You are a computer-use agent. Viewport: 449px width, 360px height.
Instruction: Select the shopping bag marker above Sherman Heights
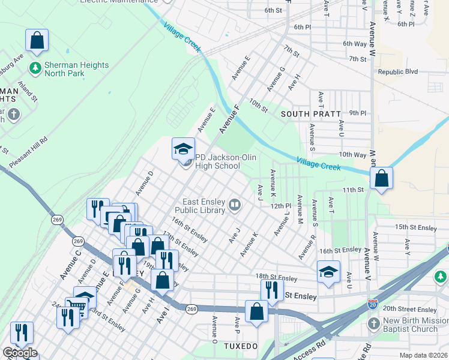coord(37,41)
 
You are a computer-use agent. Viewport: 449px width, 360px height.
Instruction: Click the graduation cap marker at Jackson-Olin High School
coord(184,149)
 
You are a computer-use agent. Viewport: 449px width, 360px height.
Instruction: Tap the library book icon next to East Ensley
coord(235,206)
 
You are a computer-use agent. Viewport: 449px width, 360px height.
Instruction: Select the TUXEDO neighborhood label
coord(241,346)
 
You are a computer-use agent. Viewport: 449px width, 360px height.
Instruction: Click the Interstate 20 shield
coord(373,304)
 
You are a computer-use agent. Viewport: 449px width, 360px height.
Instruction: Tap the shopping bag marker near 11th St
coord(381,178)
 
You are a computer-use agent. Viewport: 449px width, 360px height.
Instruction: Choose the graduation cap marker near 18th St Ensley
coord(328,272)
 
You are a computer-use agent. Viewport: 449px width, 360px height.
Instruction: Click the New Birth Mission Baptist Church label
coord(415,325)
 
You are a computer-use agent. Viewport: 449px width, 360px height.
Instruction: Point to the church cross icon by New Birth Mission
coord(373,325)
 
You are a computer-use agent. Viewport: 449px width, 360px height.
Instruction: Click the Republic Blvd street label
coord(397,71)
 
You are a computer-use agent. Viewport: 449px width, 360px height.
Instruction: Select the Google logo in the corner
coord(19,353)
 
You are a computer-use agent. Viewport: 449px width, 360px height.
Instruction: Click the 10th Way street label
coord(352,154)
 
